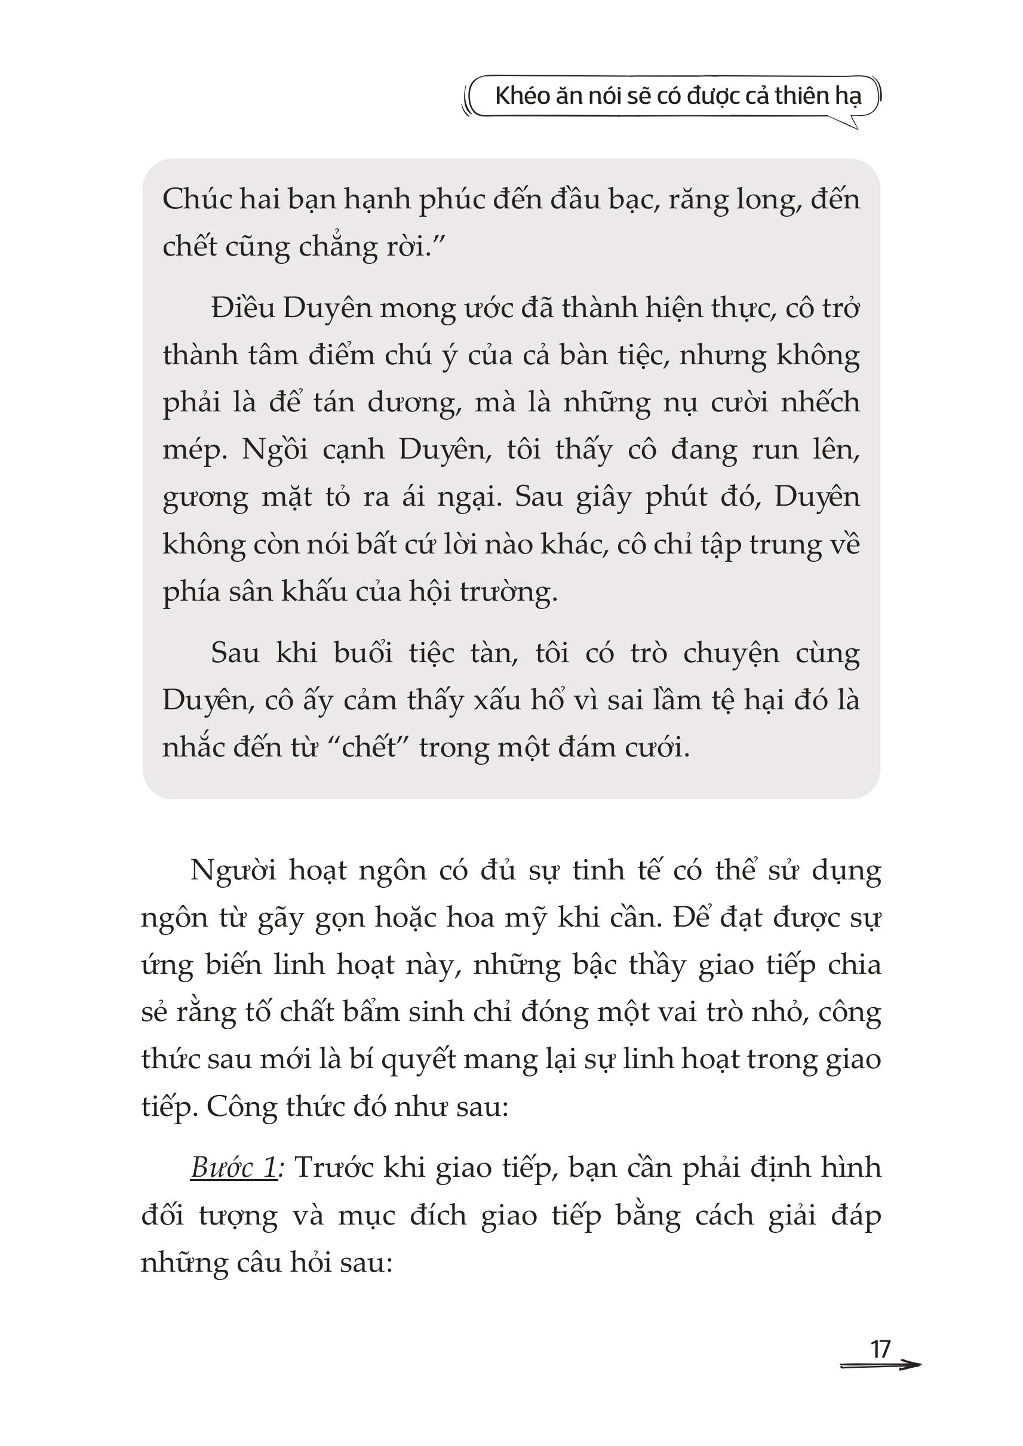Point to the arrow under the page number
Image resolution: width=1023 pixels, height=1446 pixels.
[880, 1365]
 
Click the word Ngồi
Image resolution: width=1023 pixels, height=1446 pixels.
[275, 450]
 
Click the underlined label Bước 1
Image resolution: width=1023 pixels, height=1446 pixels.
[234, 1168]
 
